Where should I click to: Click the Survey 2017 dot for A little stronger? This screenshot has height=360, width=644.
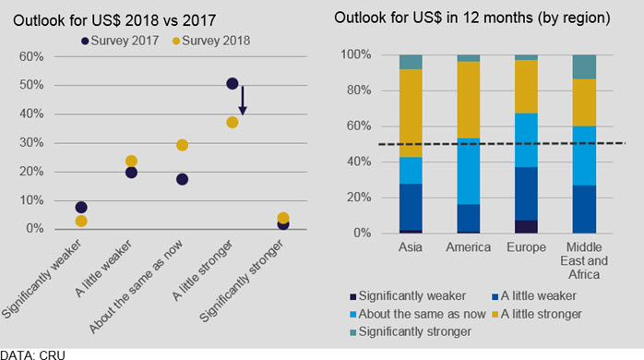point(233,83)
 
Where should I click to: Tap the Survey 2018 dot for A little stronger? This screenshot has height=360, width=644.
point(233,123)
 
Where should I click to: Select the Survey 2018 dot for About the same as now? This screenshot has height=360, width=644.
point(182,145)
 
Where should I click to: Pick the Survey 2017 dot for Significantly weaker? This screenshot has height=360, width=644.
point(81,207)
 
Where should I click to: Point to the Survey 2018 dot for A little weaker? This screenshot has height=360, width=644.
point(131,161)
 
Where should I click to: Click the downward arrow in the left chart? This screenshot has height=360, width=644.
point(243,101)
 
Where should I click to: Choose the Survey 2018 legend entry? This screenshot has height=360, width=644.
point(211,41)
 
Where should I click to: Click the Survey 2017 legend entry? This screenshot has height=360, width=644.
point(120,41)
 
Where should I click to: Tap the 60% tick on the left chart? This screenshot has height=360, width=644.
point(31,56)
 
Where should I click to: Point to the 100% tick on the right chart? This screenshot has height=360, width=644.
point(356,54)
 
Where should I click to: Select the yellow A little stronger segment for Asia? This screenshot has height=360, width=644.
point(411,113)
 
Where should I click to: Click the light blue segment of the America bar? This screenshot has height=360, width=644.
point(469,172)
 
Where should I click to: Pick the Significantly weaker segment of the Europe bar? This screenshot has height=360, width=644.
point(526,227)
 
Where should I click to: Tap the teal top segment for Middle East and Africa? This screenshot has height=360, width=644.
point(584,66)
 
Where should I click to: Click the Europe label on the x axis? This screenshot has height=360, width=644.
point(526,247)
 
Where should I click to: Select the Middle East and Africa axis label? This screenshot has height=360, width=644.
point(584,260)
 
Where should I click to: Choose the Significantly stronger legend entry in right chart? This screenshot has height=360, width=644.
point(411,331)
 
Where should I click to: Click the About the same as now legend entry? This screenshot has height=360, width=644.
point(418,314)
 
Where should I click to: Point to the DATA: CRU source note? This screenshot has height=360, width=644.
point(32,355)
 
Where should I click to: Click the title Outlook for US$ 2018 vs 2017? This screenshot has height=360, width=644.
point(114,20)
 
